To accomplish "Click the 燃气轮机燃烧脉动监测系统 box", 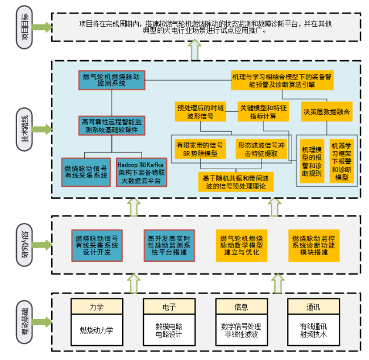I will (111, 79).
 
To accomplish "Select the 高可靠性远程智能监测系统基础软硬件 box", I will (111, 125).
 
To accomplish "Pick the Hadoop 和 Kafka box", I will (139, 172).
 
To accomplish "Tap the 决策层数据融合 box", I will (326, 111).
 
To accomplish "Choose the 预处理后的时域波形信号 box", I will (200, 111).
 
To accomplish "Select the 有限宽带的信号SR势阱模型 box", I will (200, 149).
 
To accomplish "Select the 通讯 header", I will (313, 307).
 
